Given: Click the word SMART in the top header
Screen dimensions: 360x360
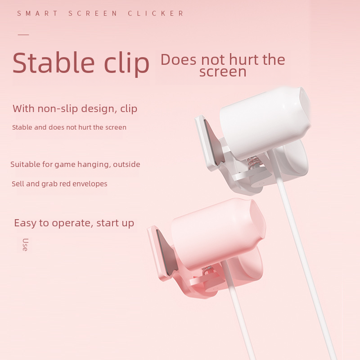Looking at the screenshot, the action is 37,13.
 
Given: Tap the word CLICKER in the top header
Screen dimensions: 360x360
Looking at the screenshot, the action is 156,13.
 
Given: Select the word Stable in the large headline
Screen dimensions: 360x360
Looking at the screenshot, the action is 54,63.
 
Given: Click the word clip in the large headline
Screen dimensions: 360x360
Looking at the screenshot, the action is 127,64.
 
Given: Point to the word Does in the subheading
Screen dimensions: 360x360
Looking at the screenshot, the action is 178,59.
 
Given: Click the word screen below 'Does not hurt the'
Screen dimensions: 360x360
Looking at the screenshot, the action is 223,72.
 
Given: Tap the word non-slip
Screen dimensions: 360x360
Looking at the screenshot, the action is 58,108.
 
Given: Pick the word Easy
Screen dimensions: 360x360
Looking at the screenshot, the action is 25,223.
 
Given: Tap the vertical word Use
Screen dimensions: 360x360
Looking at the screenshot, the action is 25,245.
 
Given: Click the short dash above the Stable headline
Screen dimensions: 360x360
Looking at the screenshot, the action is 23,35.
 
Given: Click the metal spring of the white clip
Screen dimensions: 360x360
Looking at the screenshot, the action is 253,162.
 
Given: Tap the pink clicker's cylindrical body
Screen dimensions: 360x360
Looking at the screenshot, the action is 218,234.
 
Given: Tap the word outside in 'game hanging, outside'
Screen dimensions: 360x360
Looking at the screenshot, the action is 126,164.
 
